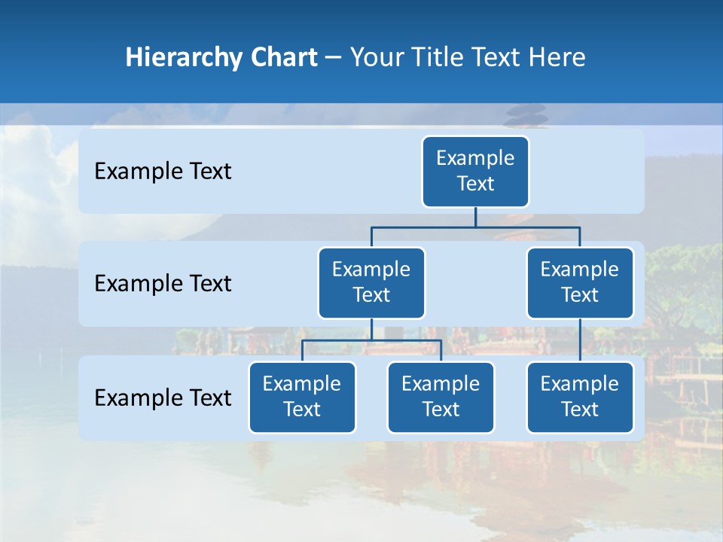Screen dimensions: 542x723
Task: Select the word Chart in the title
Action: pyautogui.click(x=284, y=58)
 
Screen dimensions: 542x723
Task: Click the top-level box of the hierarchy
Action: pyautogui.click(x=475, y=172)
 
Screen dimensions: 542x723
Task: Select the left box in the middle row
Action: pyautogui.click(x=371, y=283)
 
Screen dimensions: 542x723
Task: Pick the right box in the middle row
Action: pyautogui.click(x=580, y=283)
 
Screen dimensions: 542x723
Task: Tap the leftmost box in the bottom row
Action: pyautogui.click(x=302, y=397)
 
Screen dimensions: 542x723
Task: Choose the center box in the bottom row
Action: pyautogui.click(x=441, y=397)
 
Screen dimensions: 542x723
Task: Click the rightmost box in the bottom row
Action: pyautogui.click(x=580, y=397)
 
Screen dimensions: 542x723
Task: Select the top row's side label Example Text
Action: pyautogui.click(x=163, y=172)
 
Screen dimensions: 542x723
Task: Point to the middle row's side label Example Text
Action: pyautogui.click(x=163, y=284)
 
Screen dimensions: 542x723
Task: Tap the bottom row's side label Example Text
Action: pyautogui.click(x=163, y=397)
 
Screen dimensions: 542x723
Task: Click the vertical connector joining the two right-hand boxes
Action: pyautogui.click(x=580, y=340)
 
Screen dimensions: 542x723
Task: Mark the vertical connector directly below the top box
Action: pyautogui.click(x=475, y=217)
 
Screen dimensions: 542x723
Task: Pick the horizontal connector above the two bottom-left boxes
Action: pyautogui.click(x=371, y=340)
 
